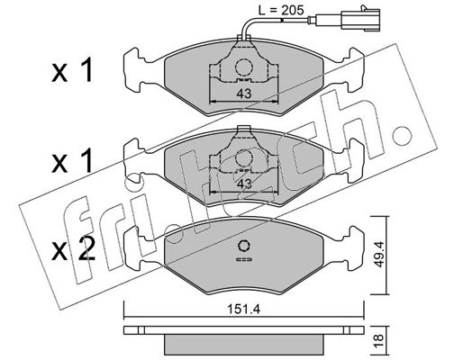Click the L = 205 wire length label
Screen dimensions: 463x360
[x=281, y=11]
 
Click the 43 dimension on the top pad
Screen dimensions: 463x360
[x=244, y=94]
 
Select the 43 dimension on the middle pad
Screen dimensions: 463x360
[x=244, y=184]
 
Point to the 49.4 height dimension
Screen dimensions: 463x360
[x=379, y=255]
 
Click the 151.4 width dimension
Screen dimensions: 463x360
[x=243, y=310]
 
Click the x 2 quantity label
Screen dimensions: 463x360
[x=74, y=248]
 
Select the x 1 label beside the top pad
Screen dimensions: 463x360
[x=72, y=71]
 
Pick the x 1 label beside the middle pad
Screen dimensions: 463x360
[x=72, y=162]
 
